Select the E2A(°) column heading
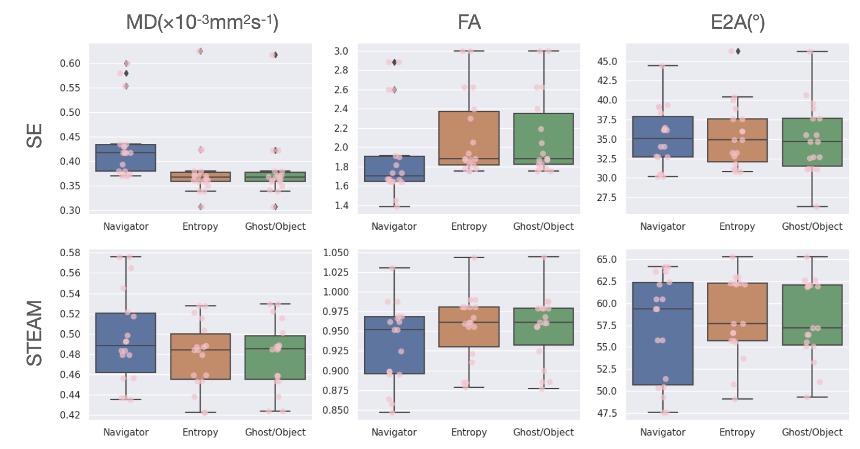point(736,22)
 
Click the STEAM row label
point(35,333)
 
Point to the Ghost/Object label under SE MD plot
point(275,226)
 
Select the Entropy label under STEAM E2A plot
point(736,433)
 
